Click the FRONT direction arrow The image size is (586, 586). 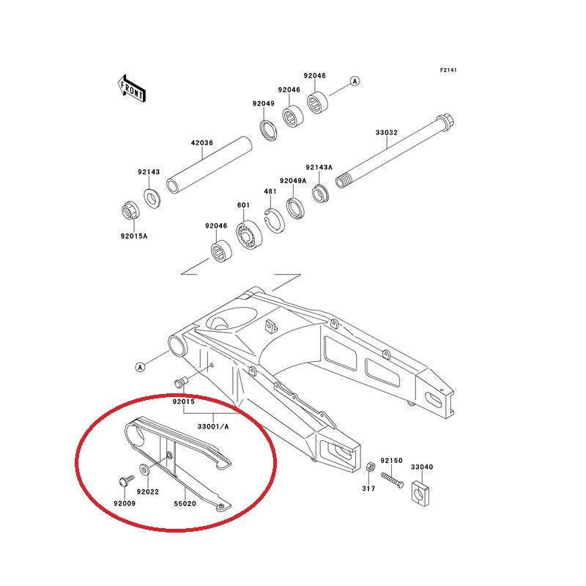pyautogui.click(x=132, y=89)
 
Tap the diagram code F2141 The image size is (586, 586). pyautogui.click(x=448, y=70)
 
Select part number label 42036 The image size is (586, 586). pyautogui.click(x=202, y=143)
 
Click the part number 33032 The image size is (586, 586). pyautogui.click(x=387, y=133)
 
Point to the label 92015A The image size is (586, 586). pyautogui.click(x=134, y=236)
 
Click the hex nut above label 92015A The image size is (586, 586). pyautogui.click(x=131, y=211)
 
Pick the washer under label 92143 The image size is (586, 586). pyautogui.click(x=152, y=199)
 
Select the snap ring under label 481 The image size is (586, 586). pyautogui.click(x=274, y=221)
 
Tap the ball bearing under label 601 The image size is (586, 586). pyautogui.click(x=250, y=235)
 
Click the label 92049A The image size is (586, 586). pyautogui.click(x=293, y=181)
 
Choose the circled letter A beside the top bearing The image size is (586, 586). pyautogui.click(x=355, y=81)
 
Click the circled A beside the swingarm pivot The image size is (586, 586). pyautogui.click(x=140, y=368)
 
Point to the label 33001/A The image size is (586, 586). pyautogui.click(x=213, y=426)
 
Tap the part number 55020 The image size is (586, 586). pyautogui.click(x=185, y=504)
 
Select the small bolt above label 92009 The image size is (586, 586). pyautogui.click(x=126, y=481)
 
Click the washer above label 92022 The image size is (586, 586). pyautogui.click(x=144, y=470)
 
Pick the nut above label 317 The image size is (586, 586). pyautogui.click(x=371, y=467)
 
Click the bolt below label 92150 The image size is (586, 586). pyautogui.click(x=392, y=481)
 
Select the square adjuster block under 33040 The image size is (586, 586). pyautogui.click(x=420, y=494)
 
